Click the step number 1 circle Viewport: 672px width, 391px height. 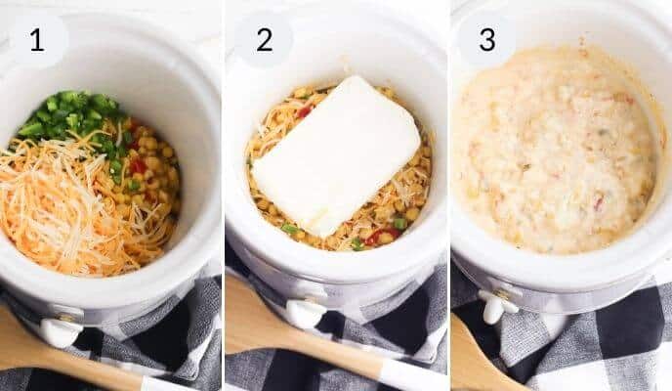(x=37, y=40)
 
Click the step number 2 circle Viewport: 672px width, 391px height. (x=264, y=40)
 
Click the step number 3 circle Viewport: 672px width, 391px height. (x=486, y=40)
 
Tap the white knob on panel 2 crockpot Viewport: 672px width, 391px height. (x=304, y=312)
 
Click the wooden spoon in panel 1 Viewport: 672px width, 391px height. (x=39, y=357)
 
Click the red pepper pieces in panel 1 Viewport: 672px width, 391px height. (x=138, y=167)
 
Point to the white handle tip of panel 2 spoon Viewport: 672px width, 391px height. (x=410, y=376)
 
